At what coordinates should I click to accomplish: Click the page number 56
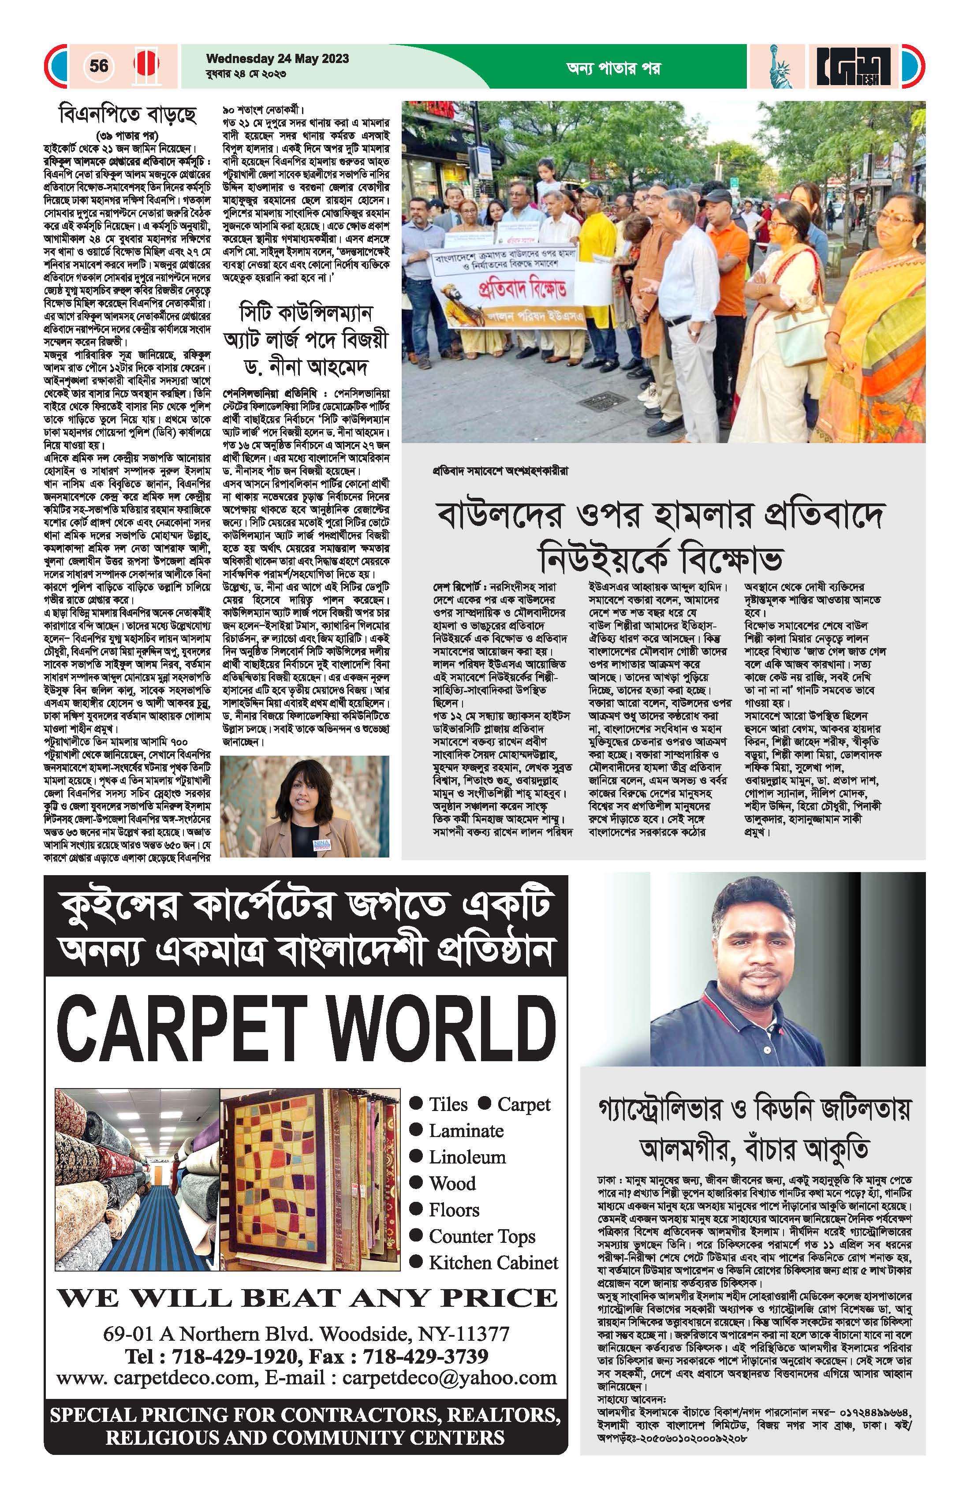click(x=99, y=66)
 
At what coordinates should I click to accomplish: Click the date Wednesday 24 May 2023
click(x=277, y=59)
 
